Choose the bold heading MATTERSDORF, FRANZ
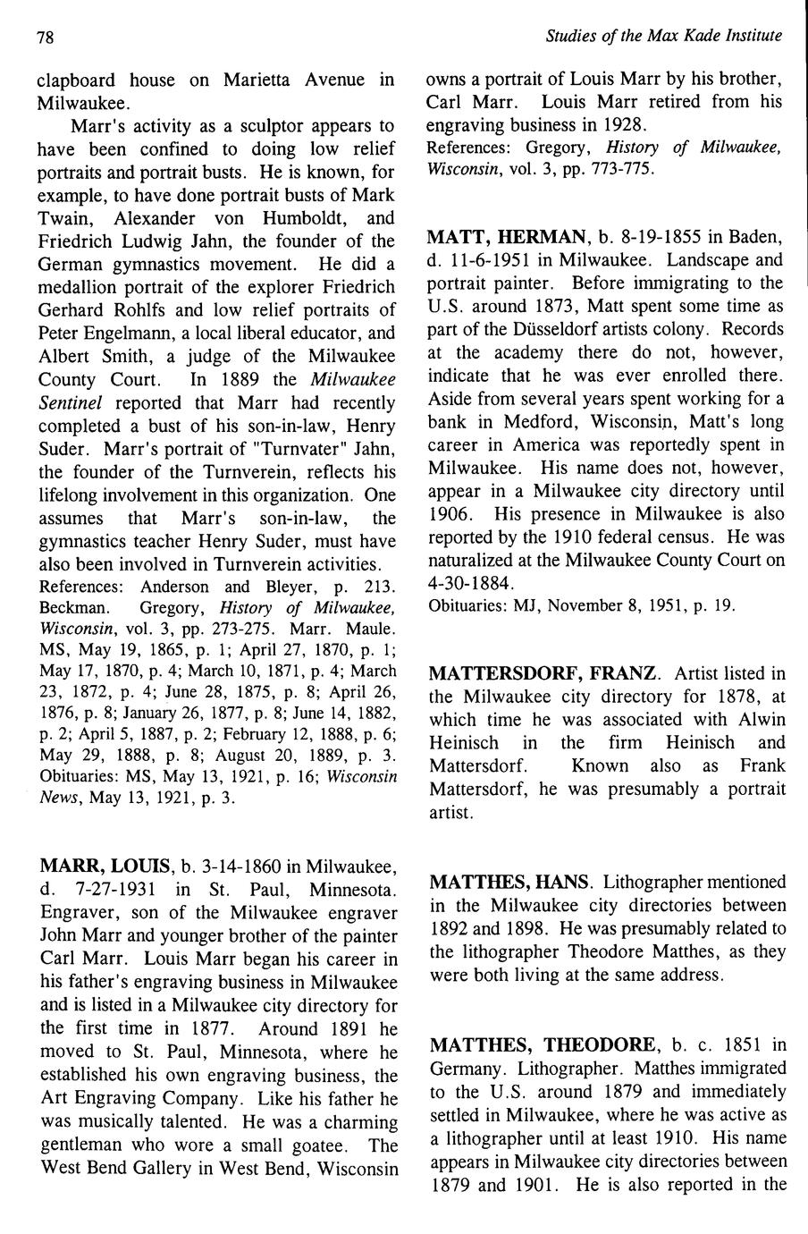tap(544, 672)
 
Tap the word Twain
tap(69, 218)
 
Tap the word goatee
tap(311, 1145)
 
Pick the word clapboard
tap(79, 80)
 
